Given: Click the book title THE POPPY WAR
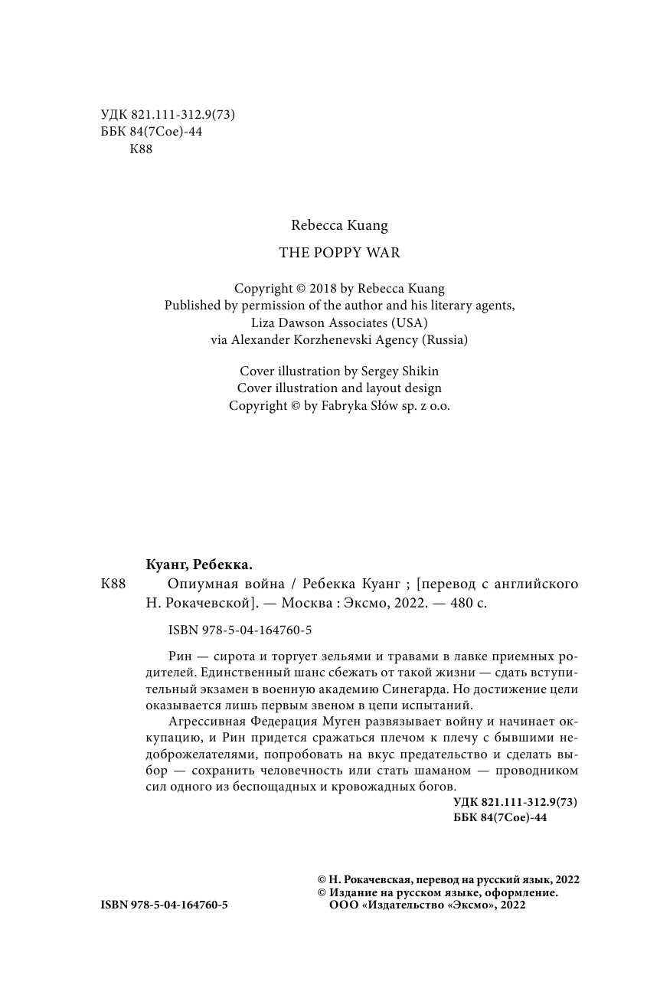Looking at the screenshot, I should [339, 253].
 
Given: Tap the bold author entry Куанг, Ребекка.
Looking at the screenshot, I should [198, 565].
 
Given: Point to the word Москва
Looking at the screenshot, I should [308, 603].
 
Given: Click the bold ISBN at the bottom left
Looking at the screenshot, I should [164, 905].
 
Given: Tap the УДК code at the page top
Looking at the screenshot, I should [167, 115].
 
